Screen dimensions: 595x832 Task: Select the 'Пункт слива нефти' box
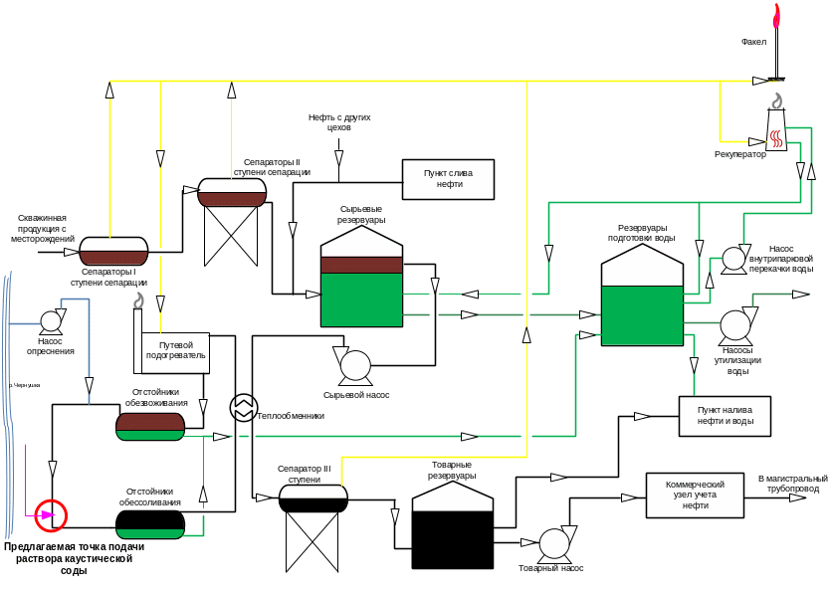pyautogui.click(x=448, y=179)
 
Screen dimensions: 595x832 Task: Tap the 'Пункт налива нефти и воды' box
pyautogui.click(x=725, y=416)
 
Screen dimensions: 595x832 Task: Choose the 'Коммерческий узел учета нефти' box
pyautogui.click(x=695, y=495)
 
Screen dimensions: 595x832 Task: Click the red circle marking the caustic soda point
pyautogui.click(x=51, y=514)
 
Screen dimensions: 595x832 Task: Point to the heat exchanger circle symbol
pyautogui.click(x=243, y=407)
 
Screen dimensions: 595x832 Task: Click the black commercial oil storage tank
pyautogui.click(x=453, y=527)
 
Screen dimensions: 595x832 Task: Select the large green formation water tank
pyautogui.click(x=642, y=298)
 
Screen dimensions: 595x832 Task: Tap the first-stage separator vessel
pyautogui.click(x=113, y=251)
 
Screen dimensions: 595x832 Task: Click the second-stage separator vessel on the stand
pyautogui.click(x=232, y=192)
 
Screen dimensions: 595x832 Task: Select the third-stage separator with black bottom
pyautogui.click(x=312, y=497)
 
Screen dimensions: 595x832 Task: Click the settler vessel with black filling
pyautogui.click(x=150, y=523)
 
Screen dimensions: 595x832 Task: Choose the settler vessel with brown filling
pyautogui.click(x=150, y=427)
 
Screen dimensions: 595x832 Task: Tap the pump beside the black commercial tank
pyautogui.click(x=553, y=543)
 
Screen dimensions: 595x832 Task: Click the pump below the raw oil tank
pyautogui.click(x=354, y=365)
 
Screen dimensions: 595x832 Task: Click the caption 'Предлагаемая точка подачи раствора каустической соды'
pyautogui.click(x=75, y=558)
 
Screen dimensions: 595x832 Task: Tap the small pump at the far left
pyautogui.click(x=50, y=320)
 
